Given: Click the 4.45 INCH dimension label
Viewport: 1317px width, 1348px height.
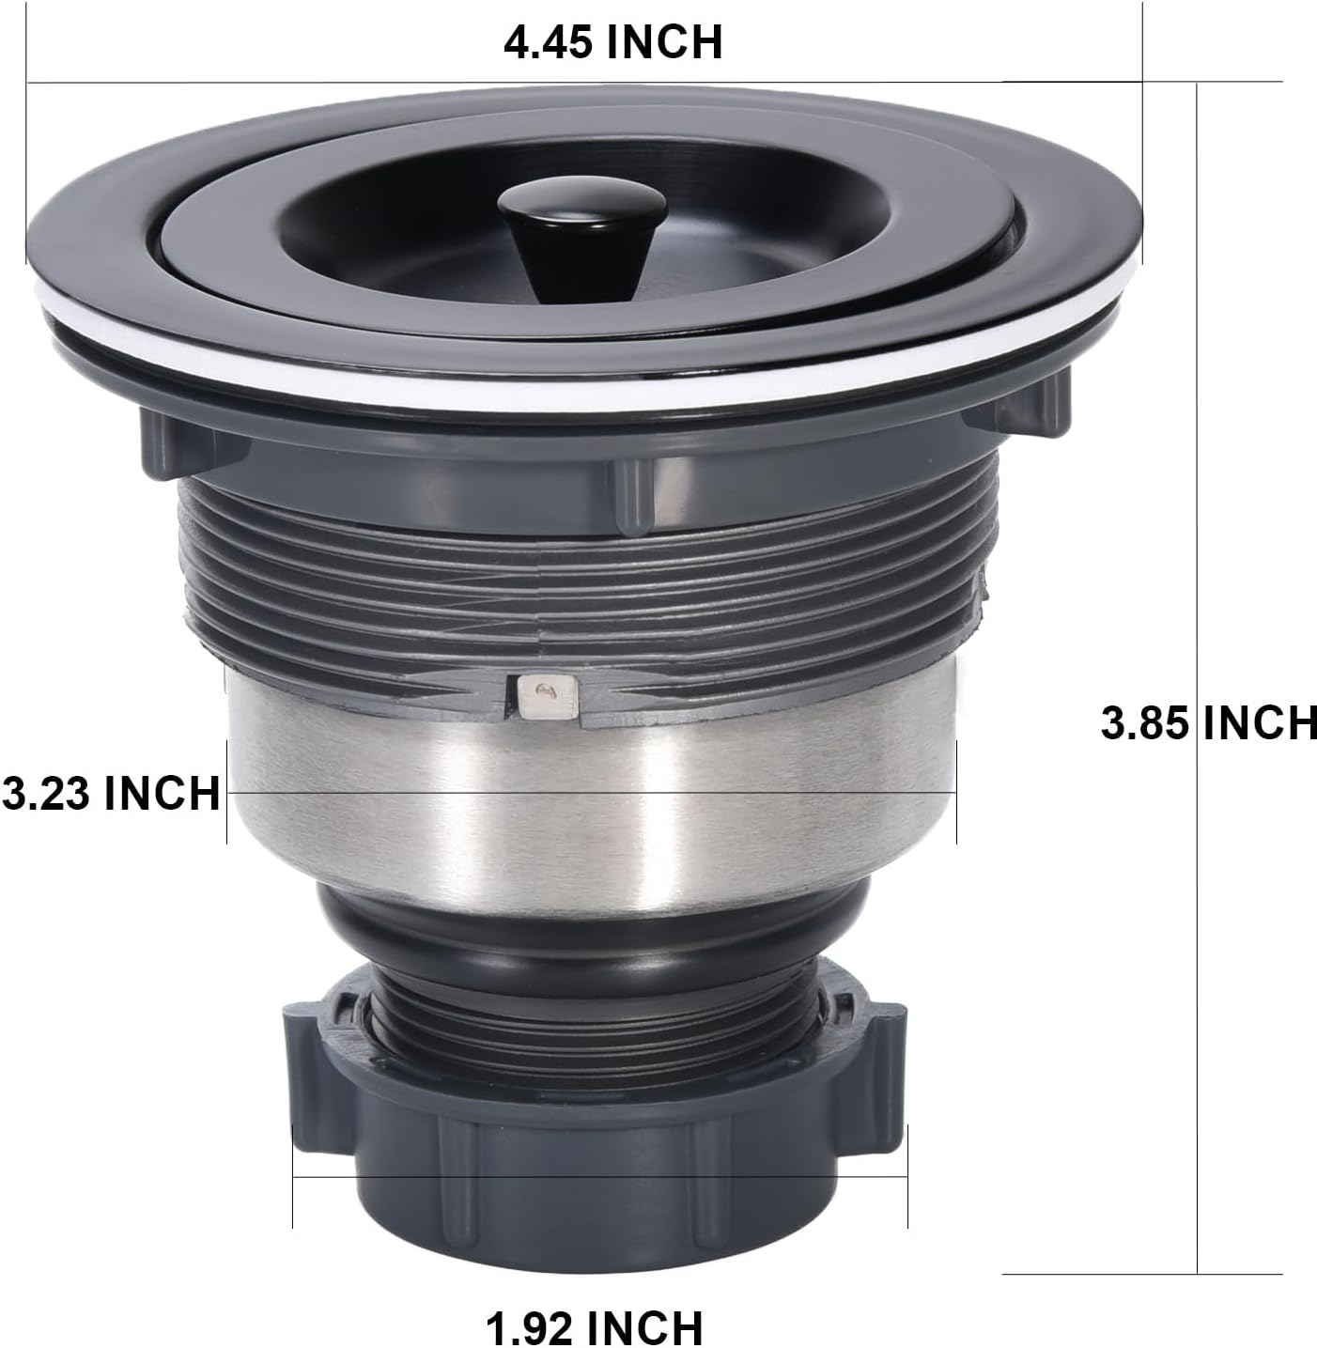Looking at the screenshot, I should (612, 43).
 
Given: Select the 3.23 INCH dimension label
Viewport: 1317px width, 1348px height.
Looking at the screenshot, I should (110, 793).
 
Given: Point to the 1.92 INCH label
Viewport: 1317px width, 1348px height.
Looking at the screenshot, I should (594, 1327).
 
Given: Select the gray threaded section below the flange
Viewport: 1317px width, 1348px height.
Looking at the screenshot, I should (582, 582).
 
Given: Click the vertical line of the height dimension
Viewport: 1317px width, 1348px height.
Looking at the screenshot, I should (1198, 470).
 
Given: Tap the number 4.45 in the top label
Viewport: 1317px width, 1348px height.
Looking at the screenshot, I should (550, 43).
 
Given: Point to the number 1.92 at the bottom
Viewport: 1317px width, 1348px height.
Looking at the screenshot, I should (531, 1327).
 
